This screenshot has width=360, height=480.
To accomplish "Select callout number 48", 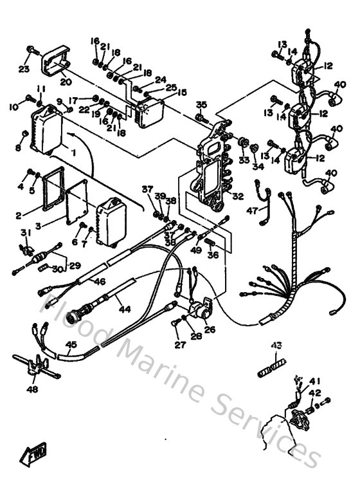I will (32, 389).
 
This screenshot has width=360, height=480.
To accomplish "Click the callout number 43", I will (276, 346).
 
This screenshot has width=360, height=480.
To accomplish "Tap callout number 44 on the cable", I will (124, 309).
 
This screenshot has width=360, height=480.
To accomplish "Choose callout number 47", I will (253, 210).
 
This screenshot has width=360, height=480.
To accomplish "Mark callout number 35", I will (201, 104).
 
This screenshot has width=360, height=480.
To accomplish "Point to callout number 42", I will (314, 392).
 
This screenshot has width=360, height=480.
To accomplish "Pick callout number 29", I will (75, 266).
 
